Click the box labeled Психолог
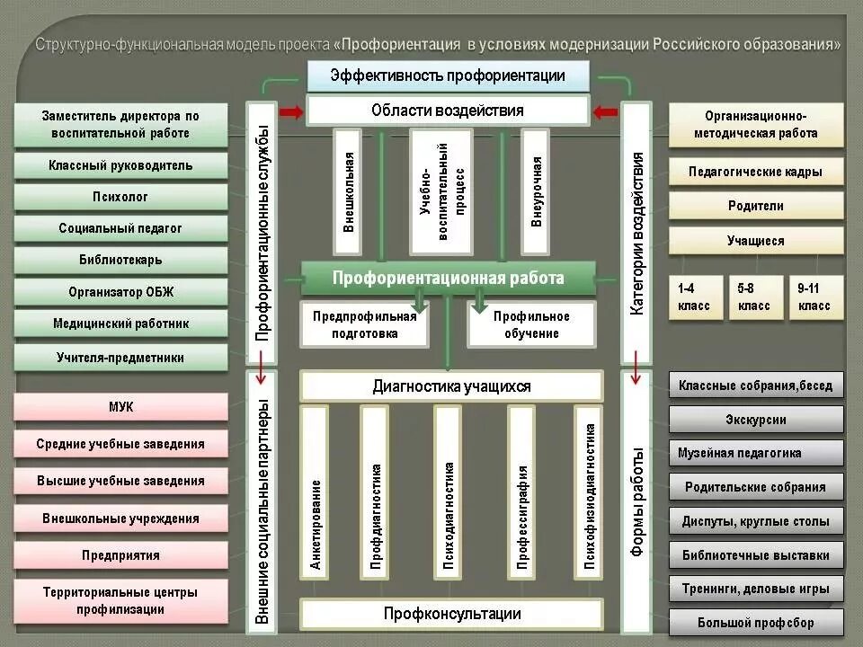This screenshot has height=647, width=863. (120, 197)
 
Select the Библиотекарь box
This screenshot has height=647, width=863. (120, 261)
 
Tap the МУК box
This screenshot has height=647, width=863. (120, 407)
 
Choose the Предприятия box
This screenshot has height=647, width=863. (120, 555)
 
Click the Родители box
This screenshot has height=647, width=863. (756, 206)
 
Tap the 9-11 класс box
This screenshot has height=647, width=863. (814, 297)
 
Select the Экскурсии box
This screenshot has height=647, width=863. (756, 420)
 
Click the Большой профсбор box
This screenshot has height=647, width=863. (756, 622)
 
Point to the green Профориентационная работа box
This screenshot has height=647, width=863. (448, 279)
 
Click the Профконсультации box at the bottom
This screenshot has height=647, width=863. (451, 615)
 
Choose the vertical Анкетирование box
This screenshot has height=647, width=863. (316, 489)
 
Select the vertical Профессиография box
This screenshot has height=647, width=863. (521, 489)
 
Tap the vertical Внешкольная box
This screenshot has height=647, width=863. (348, 191)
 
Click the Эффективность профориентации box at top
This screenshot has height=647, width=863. (448, 75)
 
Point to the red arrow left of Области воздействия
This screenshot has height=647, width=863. (291, 111)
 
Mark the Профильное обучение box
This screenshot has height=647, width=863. (531, 324)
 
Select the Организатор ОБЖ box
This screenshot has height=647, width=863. (120, 292)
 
